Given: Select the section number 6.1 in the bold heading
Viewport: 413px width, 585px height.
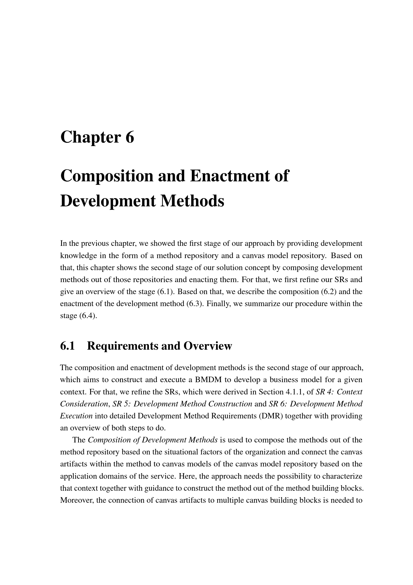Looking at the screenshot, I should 67,346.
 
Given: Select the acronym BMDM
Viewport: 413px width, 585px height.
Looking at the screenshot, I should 208,380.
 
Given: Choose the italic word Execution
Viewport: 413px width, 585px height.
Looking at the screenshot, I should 76,416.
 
